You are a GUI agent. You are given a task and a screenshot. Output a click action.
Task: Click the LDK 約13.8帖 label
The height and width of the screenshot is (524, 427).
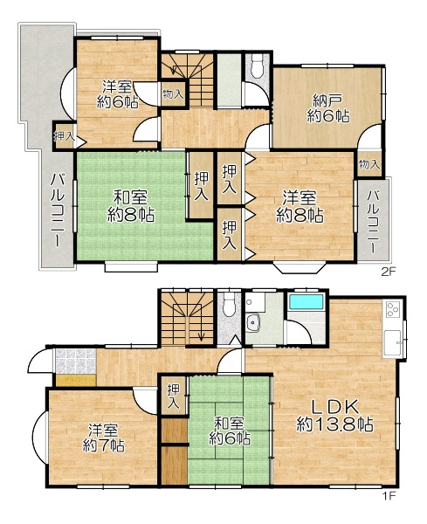[x=334, y=416]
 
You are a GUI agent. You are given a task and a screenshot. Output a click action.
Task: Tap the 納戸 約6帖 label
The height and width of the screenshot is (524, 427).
[x=328, y=108]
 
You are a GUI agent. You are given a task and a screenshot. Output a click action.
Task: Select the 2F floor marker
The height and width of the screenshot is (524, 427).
[x=389, y=272]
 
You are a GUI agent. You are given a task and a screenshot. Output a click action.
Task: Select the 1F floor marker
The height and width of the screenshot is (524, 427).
[x=389, y=495]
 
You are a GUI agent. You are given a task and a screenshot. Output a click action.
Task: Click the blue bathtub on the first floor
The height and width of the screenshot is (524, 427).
[x=306, y=302]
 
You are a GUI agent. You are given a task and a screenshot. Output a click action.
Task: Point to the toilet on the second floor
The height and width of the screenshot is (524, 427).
[x=258, y=66]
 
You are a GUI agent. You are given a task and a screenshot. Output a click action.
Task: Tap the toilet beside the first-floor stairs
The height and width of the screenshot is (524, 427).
[x=229, y=305]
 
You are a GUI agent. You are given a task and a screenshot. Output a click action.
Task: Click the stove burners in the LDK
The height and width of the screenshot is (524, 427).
[x=393, y=309]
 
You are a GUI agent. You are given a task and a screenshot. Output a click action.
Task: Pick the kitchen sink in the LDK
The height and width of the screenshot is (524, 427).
[x=392, y=343]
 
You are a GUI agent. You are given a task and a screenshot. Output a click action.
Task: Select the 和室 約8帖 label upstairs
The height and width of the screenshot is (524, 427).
[x=131, y=205]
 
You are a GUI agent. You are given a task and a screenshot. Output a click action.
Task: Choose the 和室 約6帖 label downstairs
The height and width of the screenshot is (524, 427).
[x=229, y=431]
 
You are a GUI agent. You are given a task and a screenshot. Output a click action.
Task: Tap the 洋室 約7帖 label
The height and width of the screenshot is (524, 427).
[x=104, y=438]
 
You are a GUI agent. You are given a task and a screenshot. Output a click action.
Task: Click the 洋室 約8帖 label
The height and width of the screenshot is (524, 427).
[x=300, y=206]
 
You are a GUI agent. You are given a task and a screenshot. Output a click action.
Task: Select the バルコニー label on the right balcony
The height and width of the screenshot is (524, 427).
[x=374, y=222]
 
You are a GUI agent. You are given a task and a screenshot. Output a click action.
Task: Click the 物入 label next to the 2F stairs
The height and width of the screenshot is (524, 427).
[x=173, y=94]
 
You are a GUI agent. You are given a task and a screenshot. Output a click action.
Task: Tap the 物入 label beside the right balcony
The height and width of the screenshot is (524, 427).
[x=369, y=164]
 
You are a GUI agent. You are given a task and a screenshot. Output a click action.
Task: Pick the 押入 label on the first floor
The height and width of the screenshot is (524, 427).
[x=173, y=396]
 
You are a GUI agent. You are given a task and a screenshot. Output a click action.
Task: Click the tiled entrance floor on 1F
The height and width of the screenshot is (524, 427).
[x=75, y=361]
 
